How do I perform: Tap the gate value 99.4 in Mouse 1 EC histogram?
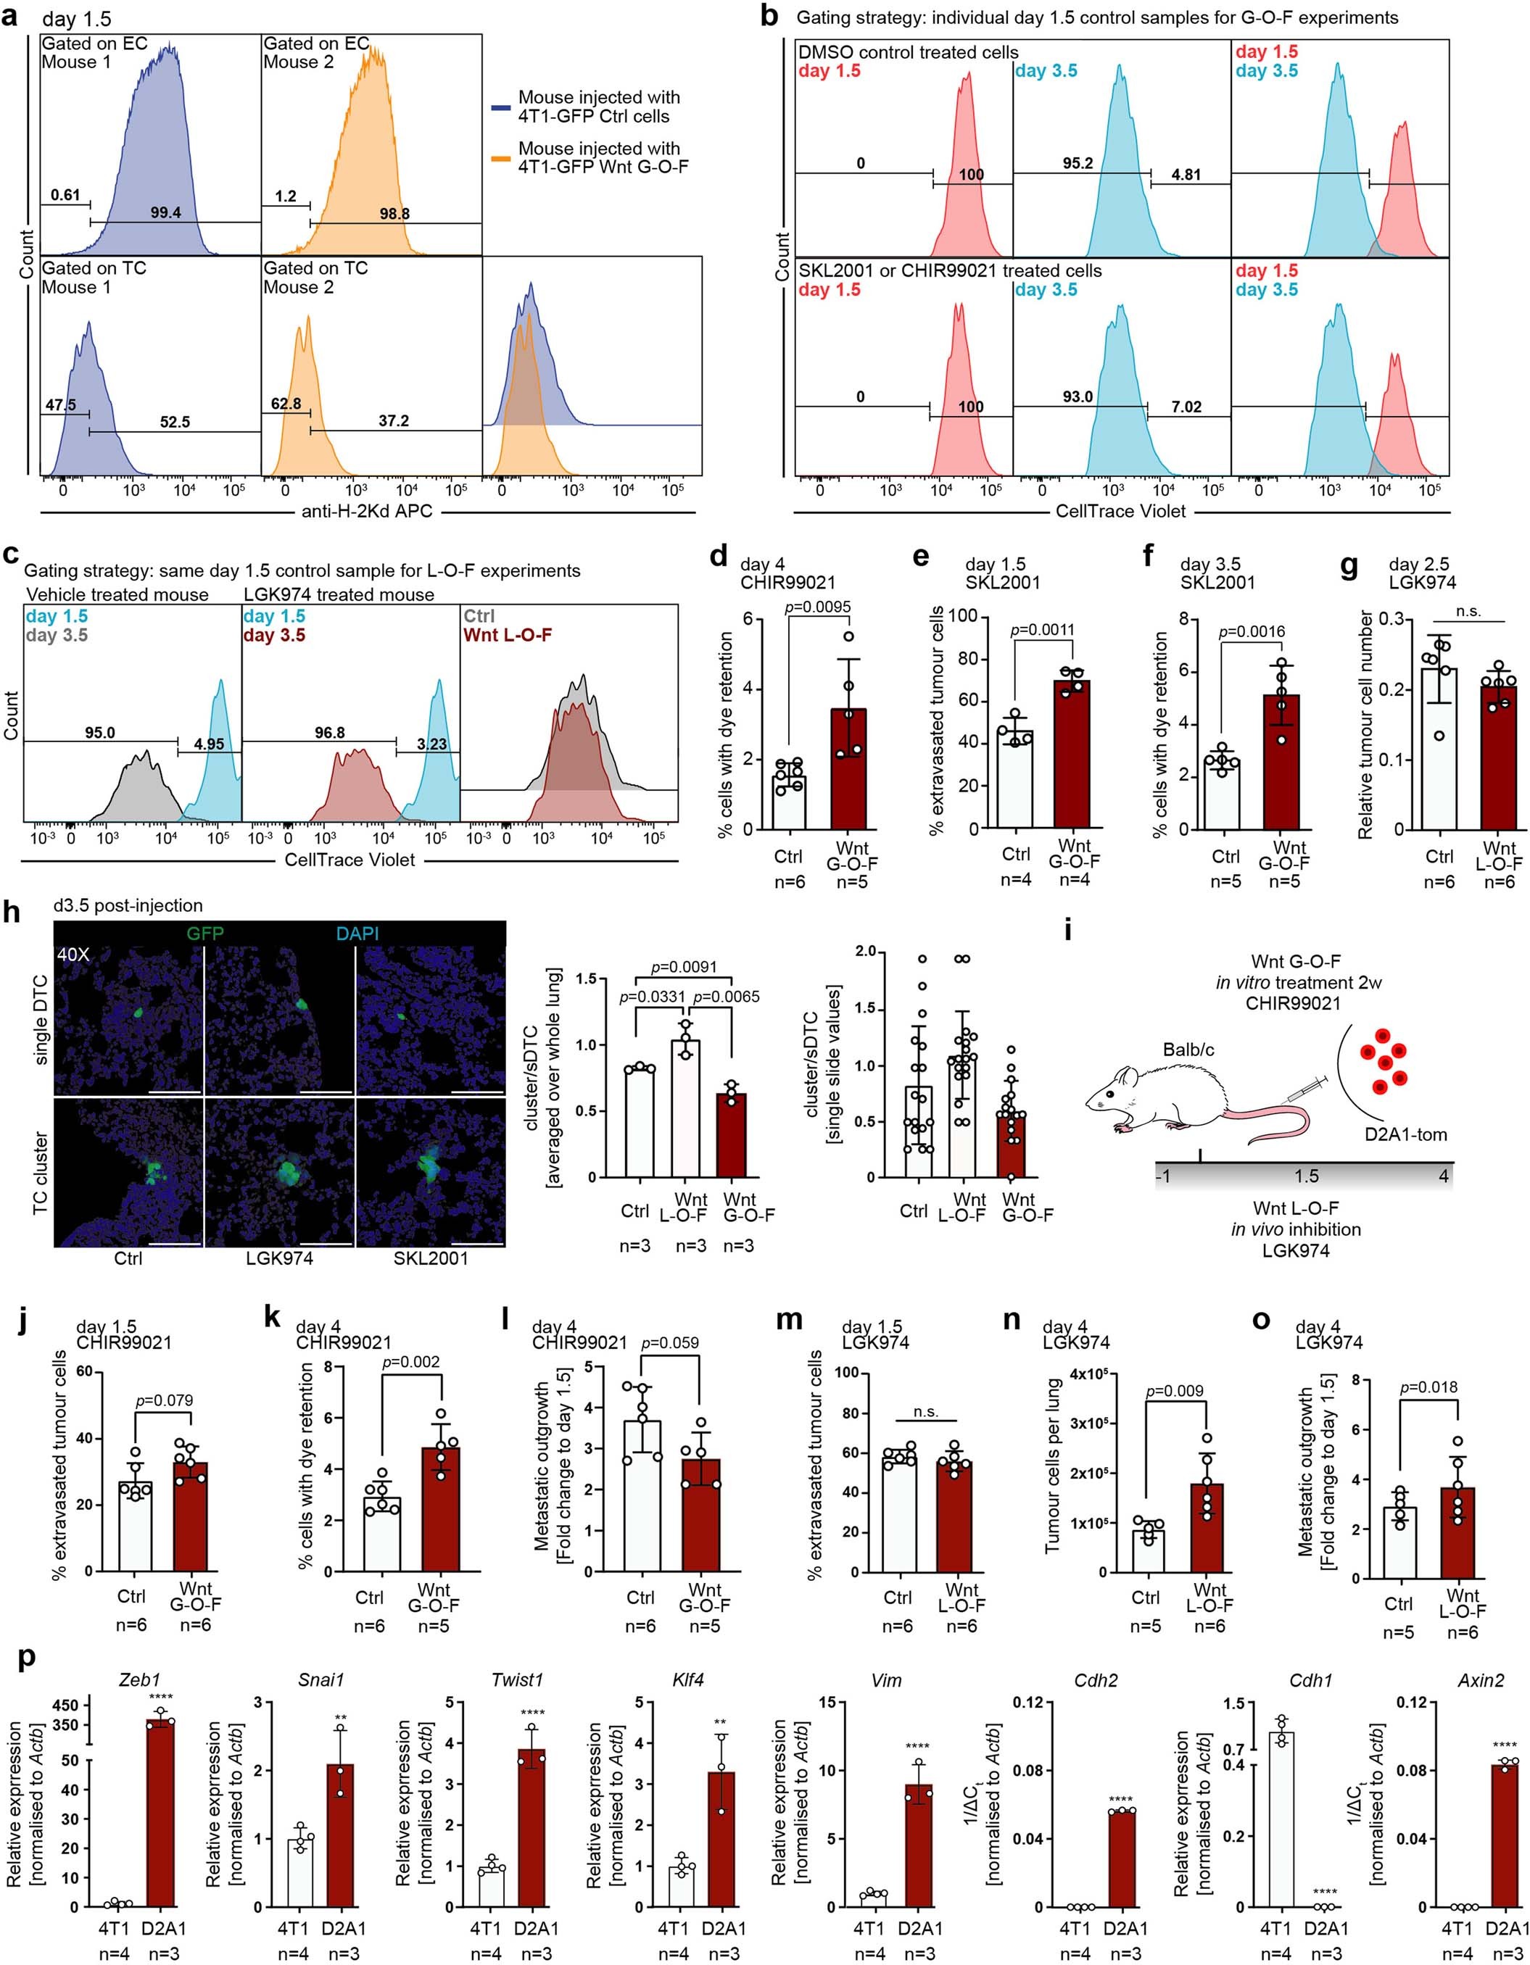pos(165,212)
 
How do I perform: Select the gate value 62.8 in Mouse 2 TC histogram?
pos(286,404)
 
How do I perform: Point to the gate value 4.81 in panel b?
pos(1186,175)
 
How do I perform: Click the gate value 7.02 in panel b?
pos(1186,407)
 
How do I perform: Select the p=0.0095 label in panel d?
pos(817,607)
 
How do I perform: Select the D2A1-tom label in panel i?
pos(1404,1134)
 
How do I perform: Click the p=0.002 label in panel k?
pos(410,1361)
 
